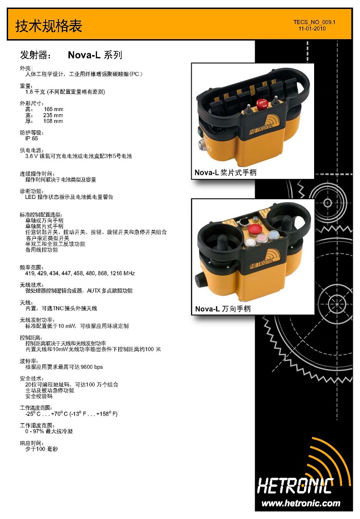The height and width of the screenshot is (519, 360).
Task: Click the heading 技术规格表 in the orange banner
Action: click(x=49, y=26)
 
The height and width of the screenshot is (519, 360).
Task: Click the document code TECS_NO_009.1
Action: click(x=314, y=22)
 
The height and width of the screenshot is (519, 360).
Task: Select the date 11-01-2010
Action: click(x=312, y=28)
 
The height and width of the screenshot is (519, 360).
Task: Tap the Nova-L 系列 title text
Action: click(x=95, y=55)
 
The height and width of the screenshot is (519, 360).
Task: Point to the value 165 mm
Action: click(x=53, y=109)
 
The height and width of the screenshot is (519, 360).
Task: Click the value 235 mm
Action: click(x=53, y=115)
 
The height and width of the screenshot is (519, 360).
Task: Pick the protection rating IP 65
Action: click(x=31, y=139)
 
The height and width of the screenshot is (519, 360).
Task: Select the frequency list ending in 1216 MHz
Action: click(x=80, y=273)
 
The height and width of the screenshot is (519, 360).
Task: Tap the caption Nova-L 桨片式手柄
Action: click(x=225, y=172)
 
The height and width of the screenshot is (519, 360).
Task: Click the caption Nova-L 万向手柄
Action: click(x=223, y=309)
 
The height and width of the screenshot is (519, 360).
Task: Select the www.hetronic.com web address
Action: click(x=301, y=503)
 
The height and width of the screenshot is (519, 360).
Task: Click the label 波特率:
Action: click(x=29, y=361)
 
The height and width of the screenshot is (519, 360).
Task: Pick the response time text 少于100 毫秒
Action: click(x=41, y=449)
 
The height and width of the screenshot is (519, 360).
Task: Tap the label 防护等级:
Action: click(x=32, y=133)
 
